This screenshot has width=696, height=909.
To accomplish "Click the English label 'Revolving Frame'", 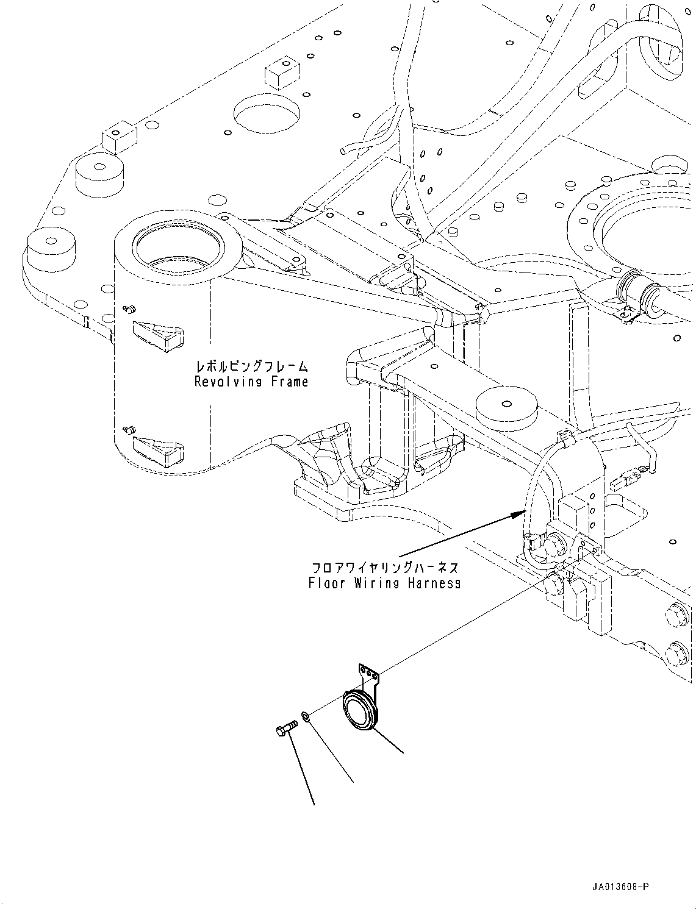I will (x=251, y=382).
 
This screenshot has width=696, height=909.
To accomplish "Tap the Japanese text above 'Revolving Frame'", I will (x=251, y=366).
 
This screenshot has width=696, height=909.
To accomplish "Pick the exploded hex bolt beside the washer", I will (x=284, y=727).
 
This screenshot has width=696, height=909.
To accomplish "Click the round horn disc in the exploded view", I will (x=359, y=711).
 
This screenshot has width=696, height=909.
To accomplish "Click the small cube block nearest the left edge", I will (x=118, y=137).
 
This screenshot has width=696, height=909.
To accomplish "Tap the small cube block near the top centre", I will (x=282, y=74).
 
